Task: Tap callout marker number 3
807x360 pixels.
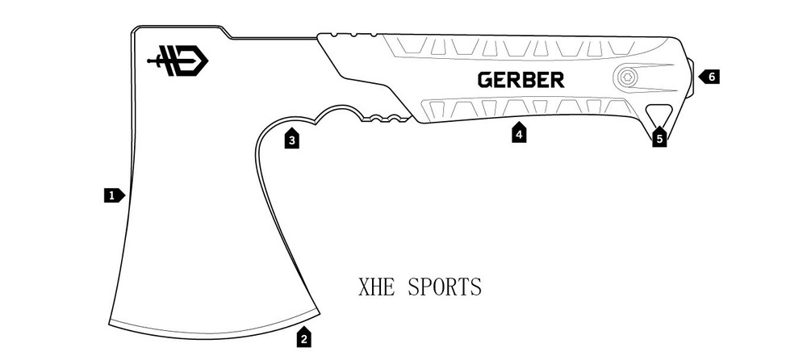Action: click(293, 140)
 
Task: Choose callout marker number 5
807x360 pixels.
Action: click(659, 138)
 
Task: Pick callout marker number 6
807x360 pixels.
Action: click(710, 77)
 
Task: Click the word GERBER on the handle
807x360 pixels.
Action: click(521, 80)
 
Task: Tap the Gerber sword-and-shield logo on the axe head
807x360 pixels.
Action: click(178, 61)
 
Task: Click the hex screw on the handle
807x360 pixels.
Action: click(626, 78)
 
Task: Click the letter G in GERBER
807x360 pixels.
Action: click(484, 80)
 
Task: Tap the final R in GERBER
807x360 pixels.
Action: click(557, 80)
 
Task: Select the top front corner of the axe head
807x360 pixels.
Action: click(134, 29)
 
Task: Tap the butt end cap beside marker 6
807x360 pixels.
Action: click(692, 77)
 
